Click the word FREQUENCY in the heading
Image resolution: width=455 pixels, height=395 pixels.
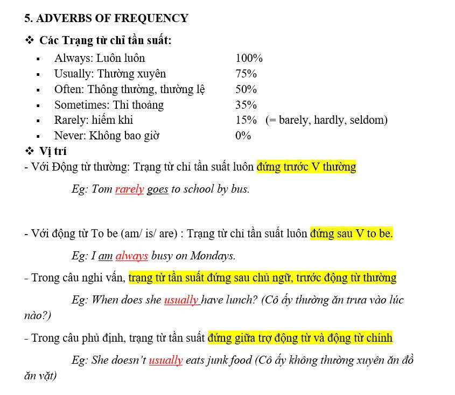[x=152, y=18]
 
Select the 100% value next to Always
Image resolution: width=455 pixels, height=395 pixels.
[x=249, y=58]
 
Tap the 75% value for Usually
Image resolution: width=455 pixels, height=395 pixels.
[x=246, y=74]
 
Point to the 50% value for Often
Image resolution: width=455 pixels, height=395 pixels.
[x=246, y=89]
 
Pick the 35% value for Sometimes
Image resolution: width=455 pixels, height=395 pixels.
[x=246, y=105]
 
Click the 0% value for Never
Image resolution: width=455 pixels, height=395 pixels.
[x=243, y=136]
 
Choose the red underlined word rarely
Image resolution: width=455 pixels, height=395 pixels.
[x=129, y=189]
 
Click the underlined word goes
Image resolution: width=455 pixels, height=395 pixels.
[x=157, y=189]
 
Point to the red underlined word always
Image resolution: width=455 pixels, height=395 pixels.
[x=131, y=256]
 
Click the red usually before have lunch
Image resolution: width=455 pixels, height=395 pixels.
[x=181, y=300]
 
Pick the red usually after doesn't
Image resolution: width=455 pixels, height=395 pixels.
[x=165, y=360]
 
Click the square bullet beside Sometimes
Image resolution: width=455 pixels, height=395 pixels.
[x=38, y=105]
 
